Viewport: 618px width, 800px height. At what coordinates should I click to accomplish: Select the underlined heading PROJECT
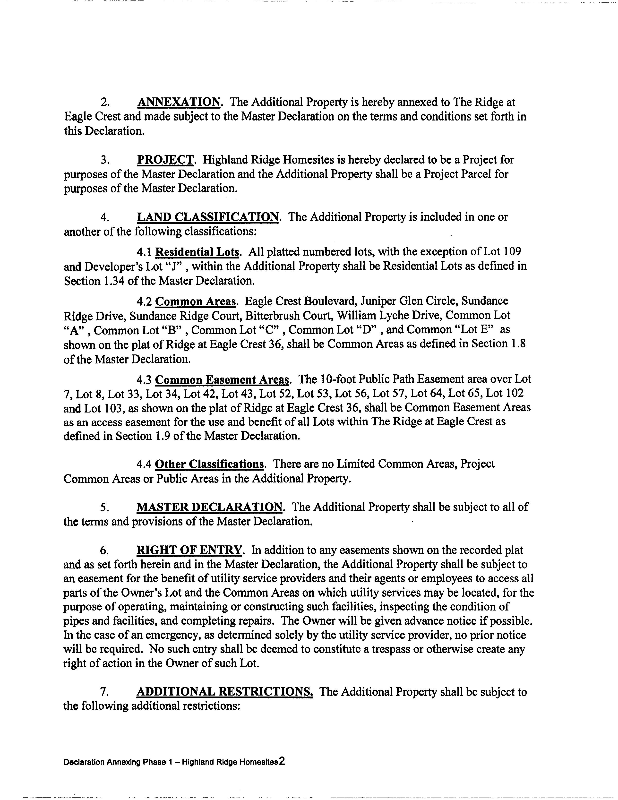click(165, 160)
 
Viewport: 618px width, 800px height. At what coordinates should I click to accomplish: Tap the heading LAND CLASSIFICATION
click(208, 217)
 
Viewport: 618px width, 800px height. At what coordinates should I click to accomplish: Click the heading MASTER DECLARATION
click(210, 507)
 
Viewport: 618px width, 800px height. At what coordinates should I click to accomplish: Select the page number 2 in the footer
click(282, 762)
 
